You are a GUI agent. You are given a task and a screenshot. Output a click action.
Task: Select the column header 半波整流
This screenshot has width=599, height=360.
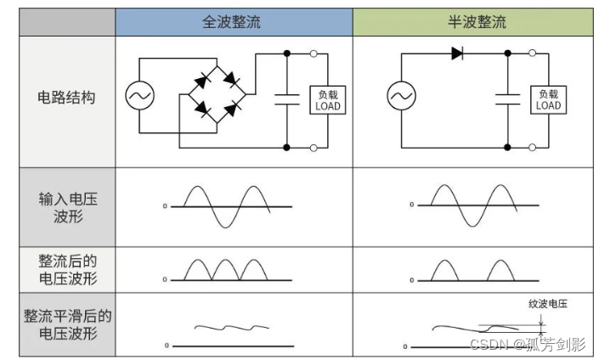pyautogui.click(x=477, y=22)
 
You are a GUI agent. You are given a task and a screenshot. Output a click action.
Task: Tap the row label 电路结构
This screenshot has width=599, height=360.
pyautogui.click(x=67, y=97)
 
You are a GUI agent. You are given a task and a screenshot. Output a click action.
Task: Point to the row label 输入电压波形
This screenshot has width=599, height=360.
pyautogui.click(x=67, y=207)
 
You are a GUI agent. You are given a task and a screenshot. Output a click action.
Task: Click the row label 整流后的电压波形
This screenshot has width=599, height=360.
pyautogui.click(x=67, y=268)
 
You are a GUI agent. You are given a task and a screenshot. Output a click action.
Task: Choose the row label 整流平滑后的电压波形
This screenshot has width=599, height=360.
pyautogui.click(x=67, y=323)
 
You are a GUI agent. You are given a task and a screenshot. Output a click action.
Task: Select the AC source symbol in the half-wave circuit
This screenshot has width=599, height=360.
pyautogui.click(x=401, y=97)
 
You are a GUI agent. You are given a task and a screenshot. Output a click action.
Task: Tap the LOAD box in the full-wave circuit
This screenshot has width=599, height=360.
pyautogui.click(x=327, y=100)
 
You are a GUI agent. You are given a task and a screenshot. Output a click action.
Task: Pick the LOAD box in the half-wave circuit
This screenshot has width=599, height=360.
pyautogui.click(x=548, y=100)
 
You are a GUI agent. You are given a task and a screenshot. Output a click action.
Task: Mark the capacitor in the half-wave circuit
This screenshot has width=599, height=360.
pyautogui.click(x=508, y=96)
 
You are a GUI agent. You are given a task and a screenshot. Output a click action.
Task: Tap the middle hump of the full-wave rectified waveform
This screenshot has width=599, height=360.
pyautogui.click(x=223, y=270)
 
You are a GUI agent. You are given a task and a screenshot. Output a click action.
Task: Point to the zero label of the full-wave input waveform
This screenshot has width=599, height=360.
pyautogui.click(x=165, y=206)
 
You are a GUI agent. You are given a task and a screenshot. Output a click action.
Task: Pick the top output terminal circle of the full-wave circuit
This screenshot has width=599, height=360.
pyautogui.click(x=314, y=53)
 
